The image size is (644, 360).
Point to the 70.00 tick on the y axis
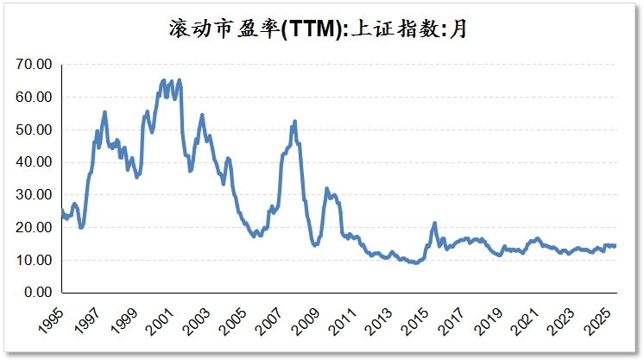[35, 65]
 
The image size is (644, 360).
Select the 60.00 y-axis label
[35, 98]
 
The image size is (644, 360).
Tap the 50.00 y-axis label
[35, 129]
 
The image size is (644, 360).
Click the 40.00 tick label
[35, 162]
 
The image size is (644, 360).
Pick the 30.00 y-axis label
[35, 195]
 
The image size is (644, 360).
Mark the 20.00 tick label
[35, 228]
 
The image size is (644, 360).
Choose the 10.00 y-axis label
[35, 260]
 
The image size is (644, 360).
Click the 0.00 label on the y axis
[38, 293]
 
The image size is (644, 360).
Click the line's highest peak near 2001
[164, 80]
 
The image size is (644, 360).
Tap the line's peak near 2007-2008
[295, 121]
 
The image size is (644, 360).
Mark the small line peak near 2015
[434, 223]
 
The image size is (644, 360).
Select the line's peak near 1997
[104, 111]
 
